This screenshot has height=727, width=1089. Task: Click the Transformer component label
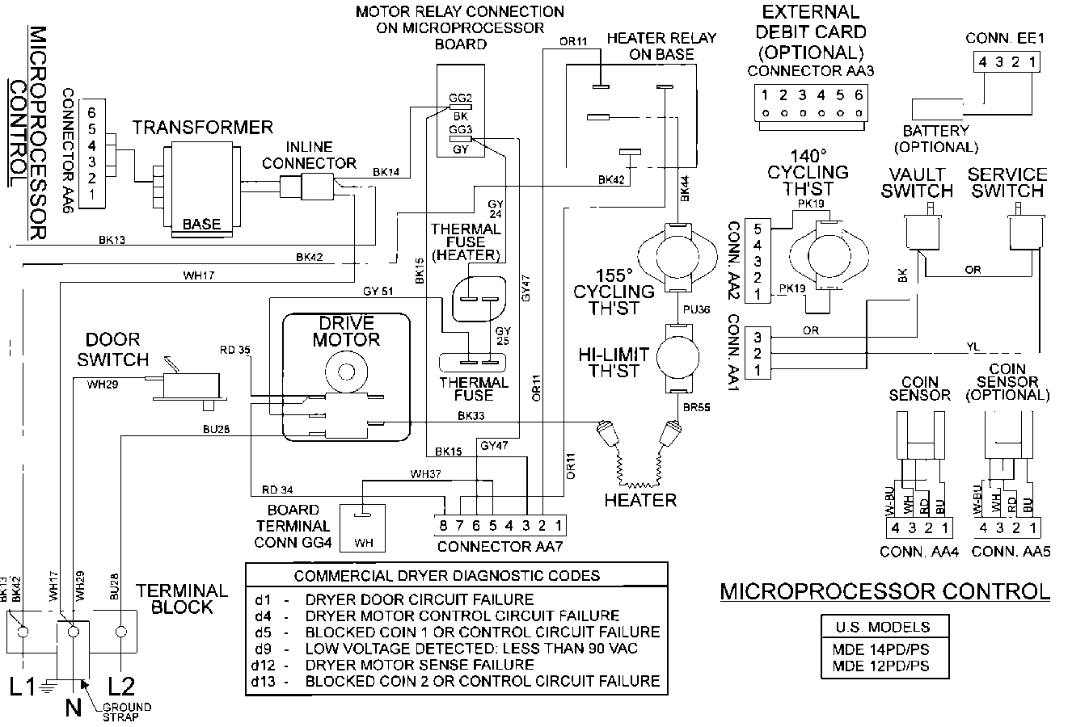(202, 128)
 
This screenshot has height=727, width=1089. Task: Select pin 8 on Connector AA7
(443, 526)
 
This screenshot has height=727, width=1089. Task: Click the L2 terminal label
(120, 687)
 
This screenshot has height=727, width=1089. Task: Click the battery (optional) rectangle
(936, 110)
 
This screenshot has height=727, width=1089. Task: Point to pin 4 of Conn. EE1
(981, 62)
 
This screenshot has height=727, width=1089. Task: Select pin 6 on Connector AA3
(858, 95)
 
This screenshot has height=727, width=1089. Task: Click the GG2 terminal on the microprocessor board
(459, 104)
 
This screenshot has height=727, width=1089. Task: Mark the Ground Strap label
(126, 712)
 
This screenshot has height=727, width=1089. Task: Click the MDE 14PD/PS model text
(881, 649)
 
